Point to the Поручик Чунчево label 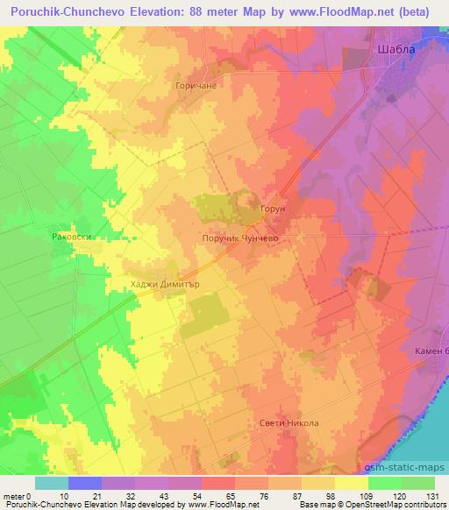(242, 237)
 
